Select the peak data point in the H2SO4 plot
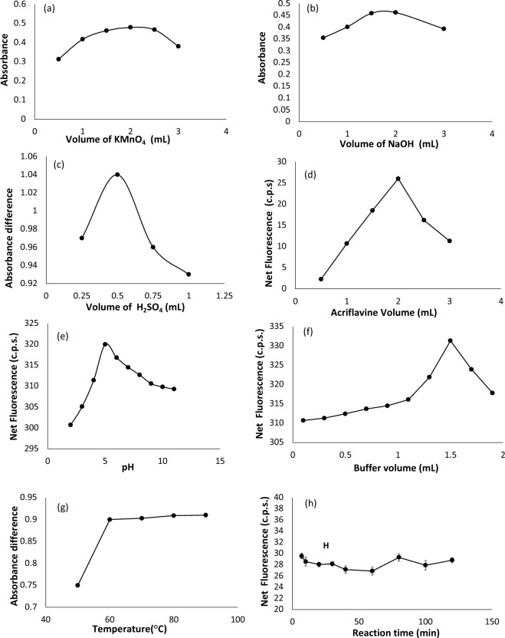(x=117, y=174)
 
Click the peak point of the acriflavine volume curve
(x=398, y=179)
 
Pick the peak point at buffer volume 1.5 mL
(x=451, y=340)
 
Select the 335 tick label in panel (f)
(x=279, y=325)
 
